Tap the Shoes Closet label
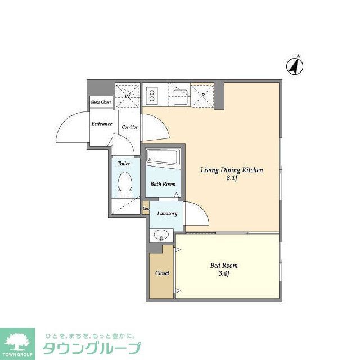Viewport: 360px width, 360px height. click(101, 102)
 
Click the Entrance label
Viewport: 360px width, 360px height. click(102, 124)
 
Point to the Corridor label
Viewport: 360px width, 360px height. click(130, 127)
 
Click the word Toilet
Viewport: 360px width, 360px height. click(124, 164)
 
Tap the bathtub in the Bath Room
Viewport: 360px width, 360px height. click(163, 157)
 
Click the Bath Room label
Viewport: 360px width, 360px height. click(163, 184)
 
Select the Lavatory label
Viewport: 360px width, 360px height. click(167, 214)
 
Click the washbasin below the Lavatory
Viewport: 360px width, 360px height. click(161, 234)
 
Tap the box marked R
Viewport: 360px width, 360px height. click(202, 94)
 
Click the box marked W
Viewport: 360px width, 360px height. click(127, 95)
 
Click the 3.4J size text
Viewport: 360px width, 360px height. click(224, 274)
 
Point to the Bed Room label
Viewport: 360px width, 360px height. click(224, 265)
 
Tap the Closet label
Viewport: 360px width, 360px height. click(162, 273)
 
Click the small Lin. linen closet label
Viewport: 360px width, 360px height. click(146, 209)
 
